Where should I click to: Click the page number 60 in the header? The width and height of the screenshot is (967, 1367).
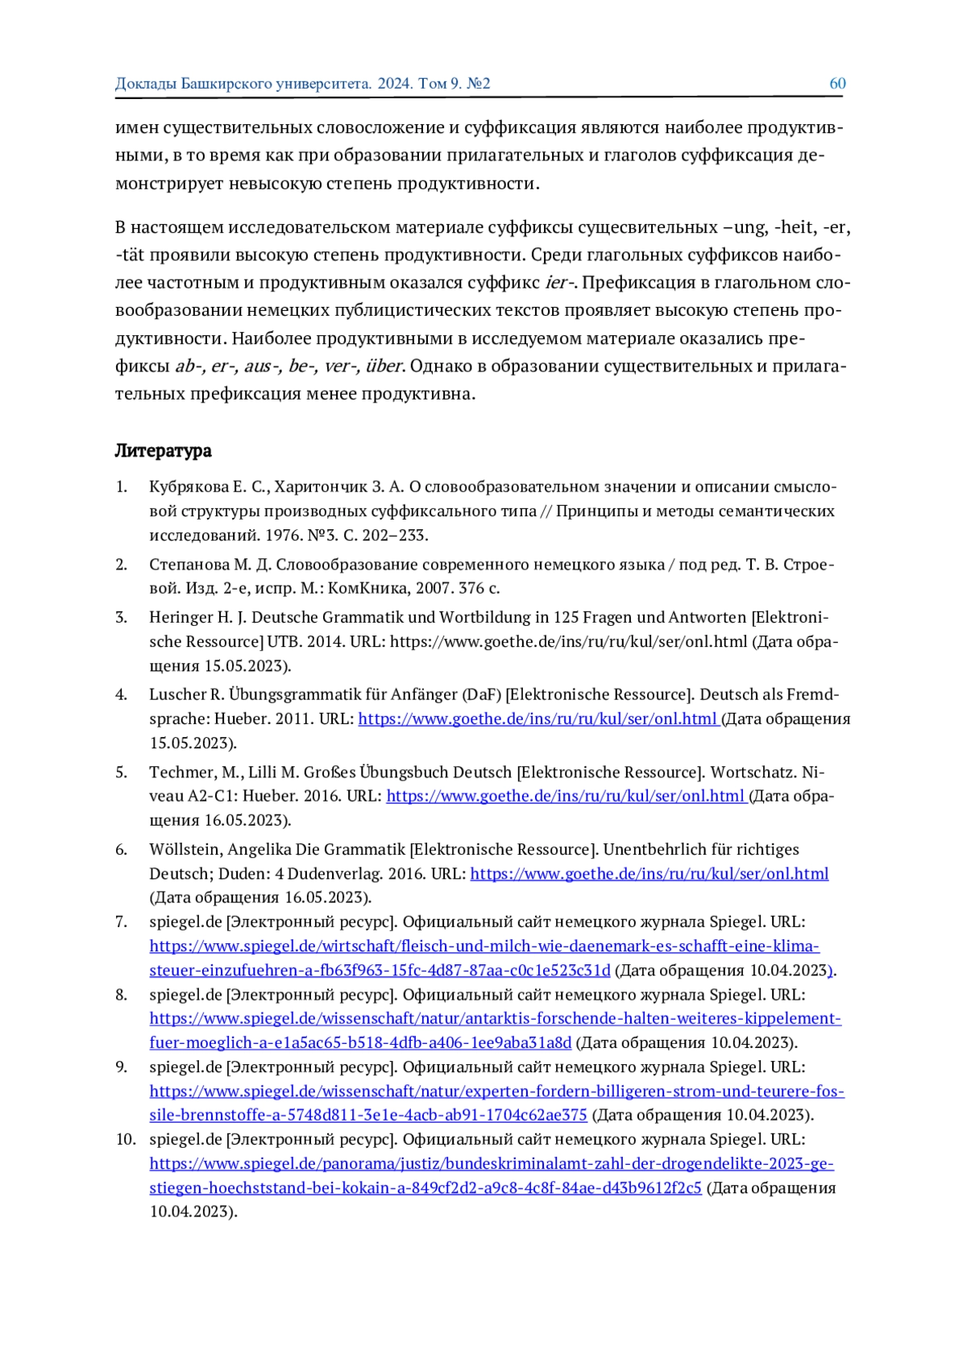coord(837,84)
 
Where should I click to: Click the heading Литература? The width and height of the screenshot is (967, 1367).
coord(163,451)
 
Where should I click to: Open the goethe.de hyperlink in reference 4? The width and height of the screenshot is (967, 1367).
coord(537,719)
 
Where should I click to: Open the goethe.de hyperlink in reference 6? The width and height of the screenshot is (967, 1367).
coord(649,873)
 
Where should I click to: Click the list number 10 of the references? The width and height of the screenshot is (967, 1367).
coord(125,1139)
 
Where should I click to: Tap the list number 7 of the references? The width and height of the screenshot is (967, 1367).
coord(122,922)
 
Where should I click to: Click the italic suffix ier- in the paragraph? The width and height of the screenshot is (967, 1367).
coord(559,283)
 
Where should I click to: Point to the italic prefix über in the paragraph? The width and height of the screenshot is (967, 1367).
coord(384,367)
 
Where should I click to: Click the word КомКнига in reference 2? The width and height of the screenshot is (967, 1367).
coord(369,588)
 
